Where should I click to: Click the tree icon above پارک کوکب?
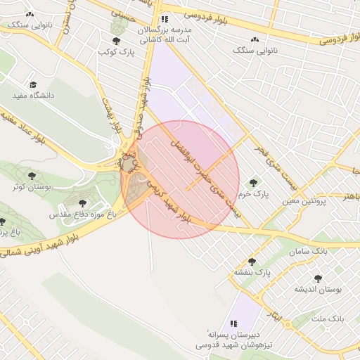click(116, 41)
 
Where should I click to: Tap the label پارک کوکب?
click(116, 52)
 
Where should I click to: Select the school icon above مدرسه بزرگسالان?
click(164, 20)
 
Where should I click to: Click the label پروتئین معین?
click(305, 201)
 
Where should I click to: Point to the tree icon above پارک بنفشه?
click(252, 262)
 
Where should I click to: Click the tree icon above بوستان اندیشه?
click(317, 278)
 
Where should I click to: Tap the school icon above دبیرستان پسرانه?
click(234, 323)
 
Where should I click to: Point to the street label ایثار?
click(278, 318)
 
